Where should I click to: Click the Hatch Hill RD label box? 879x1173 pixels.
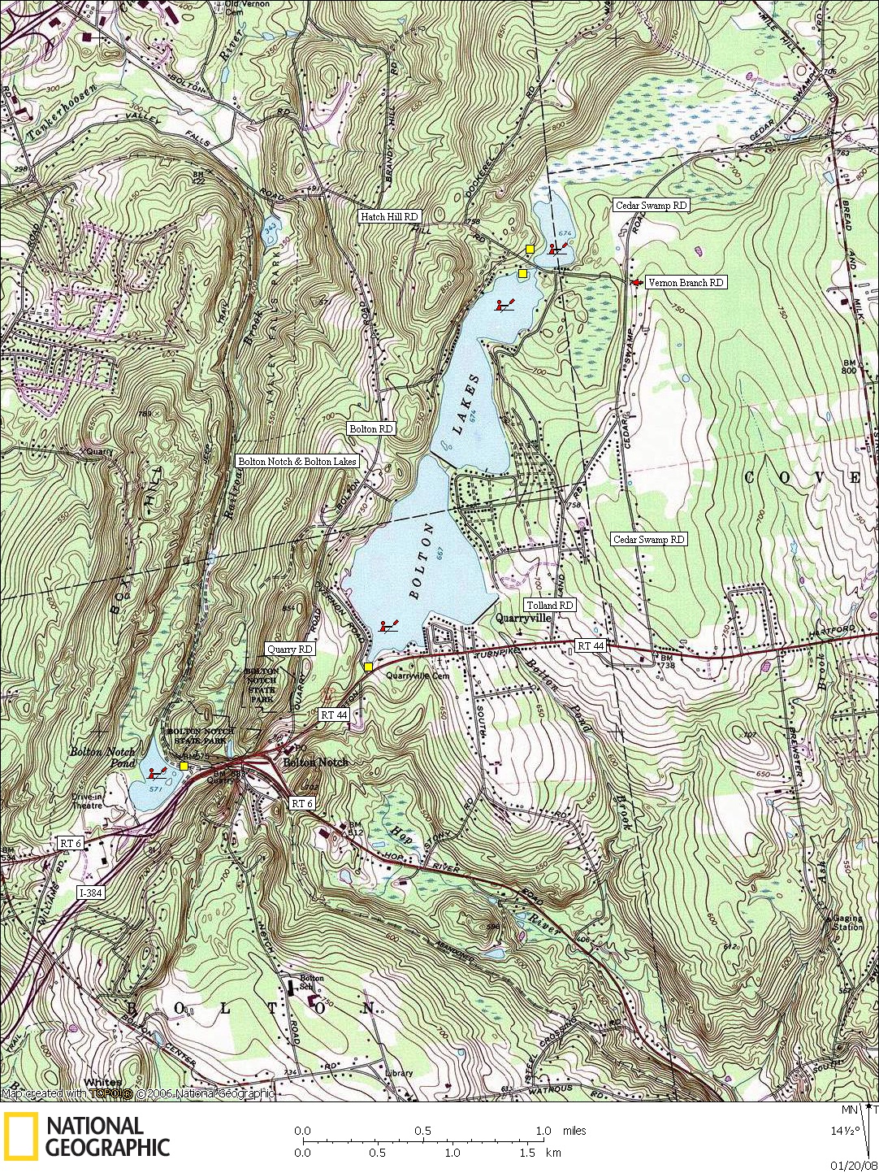[x=390, y=217]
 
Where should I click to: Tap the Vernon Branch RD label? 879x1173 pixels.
[x=686, y=283]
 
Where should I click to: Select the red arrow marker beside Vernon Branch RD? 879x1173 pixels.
[x=635, y=282]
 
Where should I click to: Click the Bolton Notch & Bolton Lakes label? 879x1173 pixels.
[x=297, y=461]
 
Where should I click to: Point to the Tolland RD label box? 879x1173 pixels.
[x=550, y=606]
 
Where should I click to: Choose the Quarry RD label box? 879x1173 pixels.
[x=290, y=649]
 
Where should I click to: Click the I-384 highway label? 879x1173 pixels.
[x=91, y=893]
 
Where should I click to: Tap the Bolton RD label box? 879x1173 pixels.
[x=370, y=428]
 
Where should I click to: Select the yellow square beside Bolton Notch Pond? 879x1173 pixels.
[x=184, y=766]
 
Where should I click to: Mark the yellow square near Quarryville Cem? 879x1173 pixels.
[x=368, y=667]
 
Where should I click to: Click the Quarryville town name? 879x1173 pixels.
[x=524, y=618]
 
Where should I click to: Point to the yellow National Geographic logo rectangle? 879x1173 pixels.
[x=20, y=1136]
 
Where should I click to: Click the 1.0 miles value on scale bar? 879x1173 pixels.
[x=543, y=1131]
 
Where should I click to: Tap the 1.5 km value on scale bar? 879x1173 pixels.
[x=527, y=1152]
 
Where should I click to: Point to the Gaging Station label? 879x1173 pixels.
[x=847, y=923]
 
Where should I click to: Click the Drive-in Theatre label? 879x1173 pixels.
[x=87, y=801]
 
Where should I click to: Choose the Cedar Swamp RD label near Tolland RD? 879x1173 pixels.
[x=648, y=540]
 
